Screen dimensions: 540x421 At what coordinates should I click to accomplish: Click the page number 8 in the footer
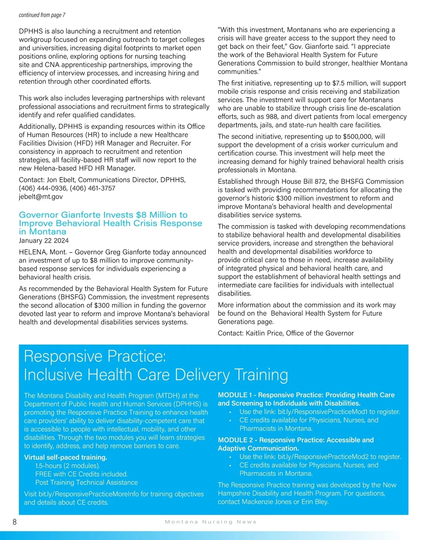coord(14,522)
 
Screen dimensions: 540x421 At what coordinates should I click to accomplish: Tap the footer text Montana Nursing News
coord(210,522)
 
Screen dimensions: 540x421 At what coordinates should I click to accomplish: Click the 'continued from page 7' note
coord(42,15)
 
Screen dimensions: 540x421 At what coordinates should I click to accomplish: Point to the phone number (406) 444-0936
coord(42,188)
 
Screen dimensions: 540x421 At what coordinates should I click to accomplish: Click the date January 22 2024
coord(44,241)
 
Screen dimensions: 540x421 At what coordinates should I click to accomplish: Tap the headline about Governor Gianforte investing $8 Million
coord(110,223)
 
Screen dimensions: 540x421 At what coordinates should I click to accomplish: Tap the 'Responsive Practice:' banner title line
coord(95,356)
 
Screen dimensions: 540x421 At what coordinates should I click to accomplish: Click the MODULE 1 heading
coord(306,399)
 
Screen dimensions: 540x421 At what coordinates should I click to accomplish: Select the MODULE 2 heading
coord(295,444)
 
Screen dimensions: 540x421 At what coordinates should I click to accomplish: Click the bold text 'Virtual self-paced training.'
coord(66,458)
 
